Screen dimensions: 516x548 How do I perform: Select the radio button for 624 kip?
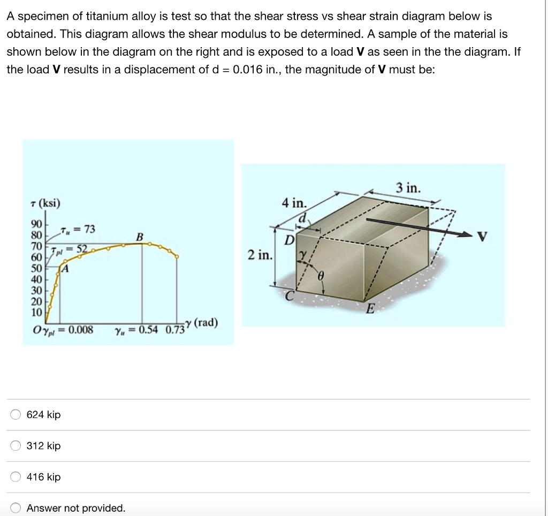coord(16,415)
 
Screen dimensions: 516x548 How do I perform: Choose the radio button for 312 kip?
coord(16,446)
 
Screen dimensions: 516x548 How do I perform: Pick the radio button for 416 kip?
coord(16,477)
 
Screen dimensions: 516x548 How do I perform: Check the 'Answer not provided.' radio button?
coord(16,508)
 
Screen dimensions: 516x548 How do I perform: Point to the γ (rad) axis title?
coord(201,323)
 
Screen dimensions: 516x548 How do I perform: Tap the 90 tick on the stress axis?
coord(36,223)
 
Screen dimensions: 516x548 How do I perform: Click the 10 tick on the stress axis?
coord(36,312)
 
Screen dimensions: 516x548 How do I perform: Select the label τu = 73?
coord(79,230)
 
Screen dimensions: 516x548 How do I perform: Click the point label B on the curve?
coord(140,237)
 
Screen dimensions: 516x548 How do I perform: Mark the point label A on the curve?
coord(66,269)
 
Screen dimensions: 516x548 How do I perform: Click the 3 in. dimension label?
coord(408,188)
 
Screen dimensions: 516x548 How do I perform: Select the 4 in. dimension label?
coord(294,203)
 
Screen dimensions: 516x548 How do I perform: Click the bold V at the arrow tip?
coord(483,237)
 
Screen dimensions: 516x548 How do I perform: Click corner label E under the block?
coord(369,308)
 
